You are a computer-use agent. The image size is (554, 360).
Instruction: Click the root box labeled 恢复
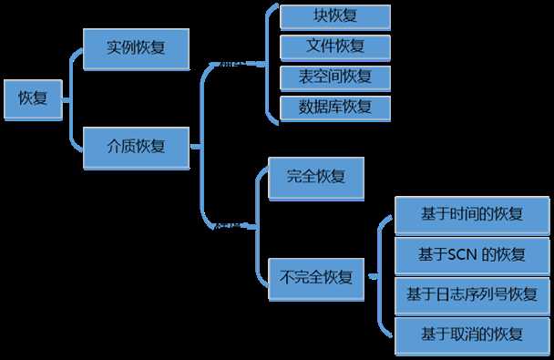33,98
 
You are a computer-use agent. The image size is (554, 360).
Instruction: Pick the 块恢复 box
335,17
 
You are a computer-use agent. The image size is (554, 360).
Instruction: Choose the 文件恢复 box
335,46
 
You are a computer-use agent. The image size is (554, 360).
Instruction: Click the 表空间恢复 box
335,76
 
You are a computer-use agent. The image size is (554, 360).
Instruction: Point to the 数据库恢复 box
335,106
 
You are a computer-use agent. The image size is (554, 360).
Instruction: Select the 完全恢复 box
315,178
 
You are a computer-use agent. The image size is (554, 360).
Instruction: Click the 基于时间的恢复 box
472,215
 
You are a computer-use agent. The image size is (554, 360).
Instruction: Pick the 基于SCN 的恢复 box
472,254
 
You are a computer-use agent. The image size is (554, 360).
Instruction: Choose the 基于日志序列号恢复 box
472,294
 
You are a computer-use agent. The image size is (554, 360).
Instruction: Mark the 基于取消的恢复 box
472,334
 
